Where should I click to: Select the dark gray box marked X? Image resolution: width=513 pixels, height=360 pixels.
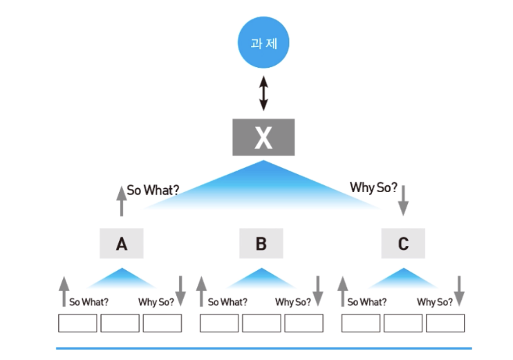[263, 137]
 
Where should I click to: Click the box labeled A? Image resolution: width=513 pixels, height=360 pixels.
[122, 244]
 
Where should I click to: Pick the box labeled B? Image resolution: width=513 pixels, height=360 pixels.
[261, 244]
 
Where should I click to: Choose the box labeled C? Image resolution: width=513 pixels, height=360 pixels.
[403, 244]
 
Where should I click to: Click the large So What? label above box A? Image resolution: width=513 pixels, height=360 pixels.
[153, 189]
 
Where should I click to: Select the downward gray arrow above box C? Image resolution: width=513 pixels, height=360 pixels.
[404, 200]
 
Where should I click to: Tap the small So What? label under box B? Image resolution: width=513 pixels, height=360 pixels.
[227, 302]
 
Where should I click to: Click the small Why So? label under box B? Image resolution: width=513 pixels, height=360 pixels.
[293, 302]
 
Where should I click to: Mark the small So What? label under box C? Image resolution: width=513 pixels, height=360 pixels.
[367, 302]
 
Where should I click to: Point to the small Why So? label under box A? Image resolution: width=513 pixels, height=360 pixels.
[156, 302]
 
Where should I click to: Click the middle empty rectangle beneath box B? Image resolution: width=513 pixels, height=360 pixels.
[261, 323]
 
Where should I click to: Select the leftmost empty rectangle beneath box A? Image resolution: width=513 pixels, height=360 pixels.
[77, 323]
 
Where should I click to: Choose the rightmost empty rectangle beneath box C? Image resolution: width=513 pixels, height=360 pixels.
[445, 323]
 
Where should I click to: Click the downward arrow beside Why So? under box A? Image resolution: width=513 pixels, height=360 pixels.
[180, 290]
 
